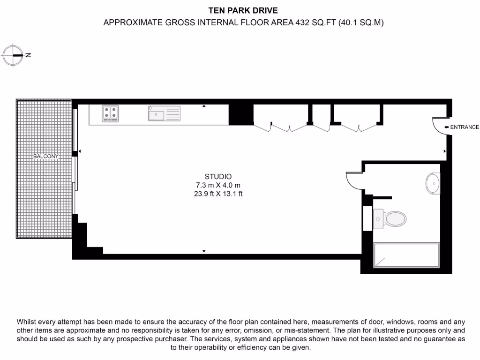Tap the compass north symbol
13,55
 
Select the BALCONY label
46,156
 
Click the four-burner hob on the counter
111,113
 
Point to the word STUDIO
218,177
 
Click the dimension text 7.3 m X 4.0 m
218,185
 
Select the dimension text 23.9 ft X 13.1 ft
218,194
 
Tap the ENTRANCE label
465,127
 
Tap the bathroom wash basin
433,183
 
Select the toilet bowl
394,218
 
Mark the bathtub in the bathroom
406,255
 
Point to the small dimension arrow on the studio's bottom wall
204,252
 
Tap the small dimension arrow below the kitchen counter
204,106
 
